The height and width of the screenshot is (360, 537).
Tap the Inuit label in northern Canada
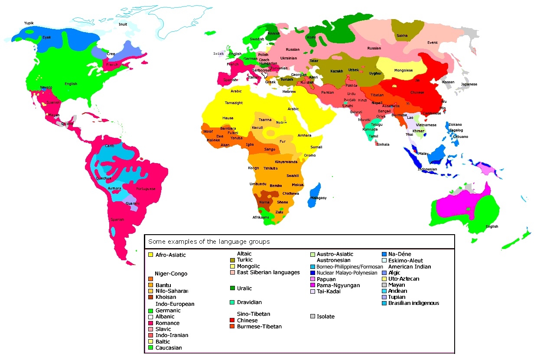click(123, 24)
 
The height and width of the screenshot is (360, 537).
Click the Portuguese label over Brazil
click(146, 189)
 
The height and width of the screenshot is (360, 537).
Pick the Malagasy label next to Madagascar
click(319, 198)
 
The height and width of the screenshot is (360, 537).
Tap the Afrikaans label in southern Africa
click(260, 217)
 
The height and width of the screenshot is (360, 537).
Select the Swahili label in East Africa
click(293, 176)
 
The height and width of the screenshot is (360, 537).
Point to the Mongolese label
click(403, 70)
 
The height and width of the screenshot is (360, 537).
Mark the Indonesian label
click(427, 170)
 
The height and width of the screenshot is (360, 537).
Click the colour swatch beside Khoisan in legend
click(150, 297)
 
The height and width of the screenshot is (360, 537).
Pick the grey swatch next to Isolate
click(312, 317)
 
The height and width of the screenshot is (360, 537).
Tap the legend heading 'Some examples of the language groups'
click(208, 242)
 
